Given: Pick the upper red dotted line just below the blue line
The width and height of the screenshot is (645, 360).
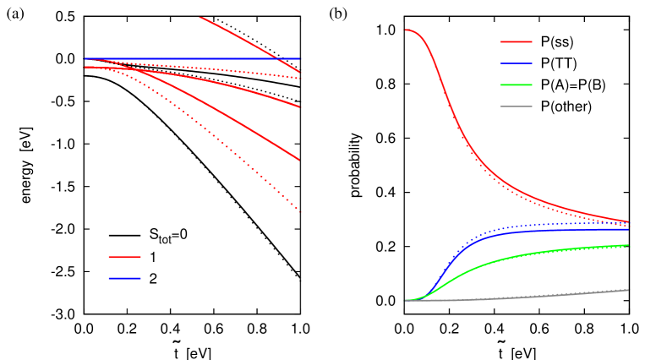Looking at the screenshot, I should click(x=211, y=68).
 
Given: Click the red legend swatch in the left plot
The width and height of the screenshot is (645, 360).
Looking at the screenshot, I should click(x=124, y=257).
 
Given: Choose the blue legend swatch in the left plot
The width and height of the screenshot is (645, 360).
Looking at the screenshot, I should click(x=124, y=278).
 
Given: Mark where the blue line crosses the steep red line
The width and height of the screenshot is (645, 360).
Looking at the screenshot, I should click(x=277, y=59).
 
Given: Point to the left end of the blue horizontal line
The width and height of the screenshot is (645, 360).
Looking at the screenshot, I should click(x=85, y=59).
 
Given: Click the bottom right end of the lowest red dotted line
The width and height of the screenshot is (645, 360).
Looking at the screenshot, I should click(x=301, y=212).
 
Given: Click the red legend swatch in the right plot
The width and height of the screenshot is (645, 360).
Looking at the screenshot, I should click(x=516, y=41).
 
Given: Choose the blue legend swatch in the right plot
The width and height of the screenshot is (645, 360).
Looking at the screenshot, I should click(x=516, y=63).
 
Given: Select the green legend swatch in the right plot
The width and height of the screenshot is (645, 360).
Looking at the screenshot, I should click(x=516, y=85).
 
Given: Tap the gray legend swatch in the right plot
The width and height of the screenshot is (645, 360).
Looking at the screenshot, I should click(x=516, y=106).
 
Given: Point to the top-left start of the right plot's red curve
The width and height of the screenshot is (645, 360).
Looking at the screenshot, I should click(x=407, y=30).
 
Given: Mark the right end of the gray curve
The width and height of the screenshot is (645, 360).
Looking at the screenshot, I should click(x=628, y=290).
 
